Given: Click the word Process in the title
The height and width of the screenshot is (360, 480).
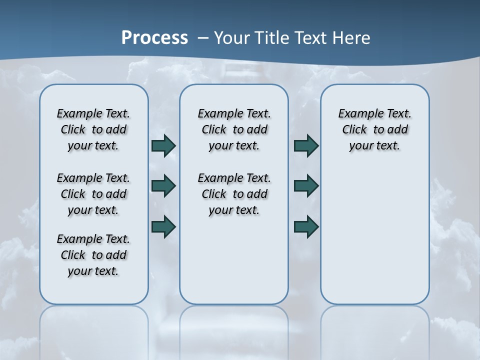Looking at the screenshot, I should pos(154,37).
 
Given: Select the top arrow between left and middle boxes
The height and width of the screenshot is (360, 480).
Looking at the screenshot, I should pos(163,145).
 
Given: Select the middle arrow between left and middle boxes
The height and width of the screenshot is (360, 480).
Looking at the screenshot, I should pos(163,186).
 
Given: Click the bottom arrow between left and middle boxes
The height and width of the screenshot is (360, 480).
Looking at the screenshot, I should pos(163,226).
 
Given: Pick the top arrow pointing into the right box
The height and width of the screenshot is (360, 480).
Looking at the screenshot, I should pos(306,145).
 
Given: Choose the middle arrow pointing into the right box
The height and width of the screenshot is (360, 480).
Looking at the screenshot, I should pos(306,186).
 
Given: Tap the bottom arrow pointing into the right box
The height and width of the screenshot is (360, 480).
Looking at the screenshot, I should pos(306,226).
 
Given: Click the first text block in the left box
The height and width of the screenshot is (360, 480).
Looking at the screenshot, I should pos(93,129).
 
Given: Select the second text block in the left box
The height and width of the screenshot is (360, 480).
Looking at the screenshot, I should pos(93,194).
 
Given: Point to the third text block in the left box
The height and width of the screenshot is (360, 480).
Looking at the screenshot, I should pos(93,255).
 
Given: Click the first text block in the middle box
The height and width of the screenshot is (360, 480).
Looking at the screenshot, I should pos(234,129).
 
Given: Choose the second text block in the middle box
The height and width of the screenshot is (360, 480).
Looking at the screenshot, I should pos(234,194).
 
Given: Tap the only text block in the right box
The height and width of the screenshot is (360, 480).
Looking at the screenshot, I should pos(374,129).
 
